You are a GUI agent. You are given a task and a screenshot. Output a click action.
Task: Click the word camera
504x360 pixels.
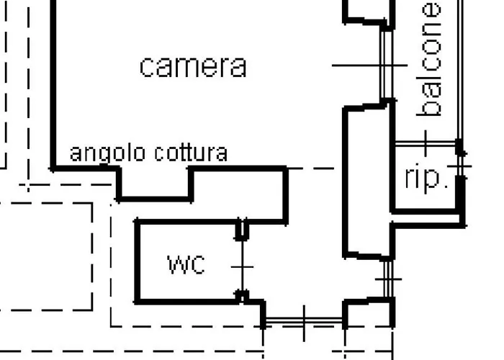point(194,67)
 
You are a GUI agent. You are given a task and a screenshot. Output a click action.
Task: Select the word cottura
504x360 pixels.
point(192,153)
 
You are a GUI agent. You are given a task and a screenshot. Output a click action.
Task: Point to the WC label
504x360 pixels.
point(186,265)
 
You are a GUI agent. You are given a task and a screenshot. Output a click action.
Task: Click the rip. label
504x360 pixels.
point(426,179)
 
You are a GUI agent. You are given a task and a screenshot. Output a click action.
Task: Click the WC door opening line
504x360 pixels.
point(242,266)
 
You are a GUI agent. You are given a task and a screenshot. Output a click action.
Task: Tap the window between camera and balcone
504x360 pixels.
point(387,66)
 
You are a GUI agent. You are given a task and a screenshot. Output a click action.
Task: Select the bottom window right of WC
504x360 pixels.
point(304,320)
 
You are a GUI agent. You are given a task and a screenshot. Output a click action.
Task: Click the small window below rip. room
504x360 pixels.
point(388,279)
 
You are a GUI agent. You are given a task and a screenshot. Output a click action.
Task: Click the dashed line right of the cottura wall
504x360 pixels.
point(311,168)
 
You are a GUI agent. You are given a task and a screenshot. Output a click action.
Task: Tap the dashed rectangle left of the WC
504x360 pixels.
point(93,257)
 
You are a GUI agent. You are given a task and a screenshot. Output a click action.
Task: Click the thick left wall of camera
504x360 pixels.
point(53,84)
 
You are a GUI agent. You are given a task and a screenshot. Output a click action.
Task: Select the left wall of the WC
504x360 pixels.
point(138,261)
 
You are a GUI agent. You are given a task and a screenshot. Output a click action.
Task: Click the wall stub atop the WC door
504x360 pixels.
point(242,230)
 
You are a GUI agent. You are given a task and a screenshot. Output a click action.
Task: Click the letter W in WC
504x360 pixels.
point(176,265)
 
